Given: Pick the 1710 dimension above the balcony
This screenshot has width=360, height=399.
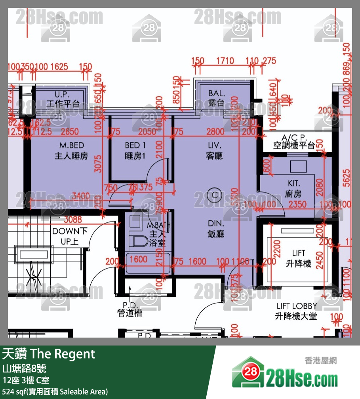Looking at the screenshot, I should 225,61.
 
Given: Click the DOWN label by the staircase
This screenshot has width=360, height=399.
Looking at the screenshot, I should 66,231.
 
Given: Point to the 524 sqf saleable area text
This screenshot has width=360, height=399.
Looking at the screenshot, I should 55,391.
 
